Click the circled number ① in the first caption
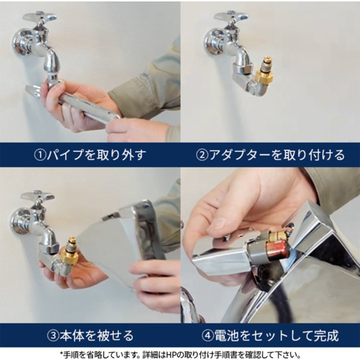[x=40, y=155]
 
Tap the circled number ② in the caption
[x=202, y=155]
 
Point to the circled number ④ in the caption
[x=207, y=336]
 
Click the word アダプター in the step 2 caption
[x=240, y=155]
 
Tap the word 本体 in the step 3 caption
[x=72, y=336]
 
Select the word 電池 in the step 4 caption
[x=226, y=336]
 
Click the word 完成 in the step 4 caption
[x=326, y=336]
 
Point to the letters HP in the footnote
[x=171, y=354]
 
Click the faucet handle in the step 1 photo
[x=40, y=17]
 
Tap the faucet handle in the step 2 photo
[x=230, y=17]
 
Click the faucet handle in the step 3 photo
[x=37, y=197]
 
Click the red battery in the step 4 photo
[x=279, y=250]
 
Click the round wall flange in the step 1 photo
[x=21, y=42]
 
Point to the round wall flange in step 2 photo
[x=212, y=42]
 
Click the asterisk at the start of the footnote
[x=61, y=354]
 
